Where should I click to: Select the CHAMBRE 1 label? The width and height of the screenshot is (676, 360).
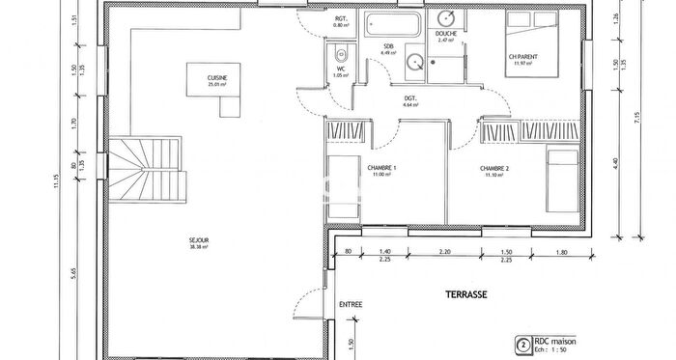(382, 167)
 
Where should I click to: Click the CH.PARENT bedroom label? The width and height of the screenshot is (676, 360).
(521, 57)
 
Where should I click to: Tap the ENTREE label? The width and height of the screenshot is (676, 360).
(351, 305)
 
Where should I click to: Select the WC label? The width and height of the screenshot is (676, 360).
(340, 69)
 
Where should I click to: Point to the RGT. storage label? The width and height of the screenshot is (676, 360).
(341, 18)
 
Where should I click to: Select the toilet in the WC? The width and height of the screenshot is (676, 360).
(339, 52)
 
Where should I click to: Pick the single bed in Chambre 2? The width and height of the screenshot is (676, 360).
(560, 181)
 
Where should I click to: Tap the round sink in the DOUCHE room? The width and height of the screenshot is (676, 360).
(447, 18)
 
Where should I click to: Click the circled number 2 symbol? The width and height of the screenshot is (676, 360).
(522, 344)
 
